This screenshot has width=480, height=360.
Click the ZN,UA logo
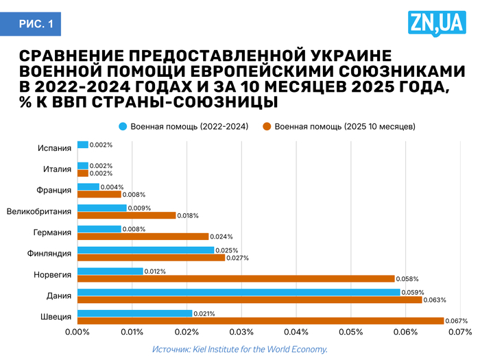click(x=437, y=25)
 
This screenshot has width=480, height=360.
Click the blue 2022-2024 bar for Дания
click(x=239, y=292)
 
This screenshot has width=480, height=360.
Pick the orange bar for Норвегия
click(x=236, y=278)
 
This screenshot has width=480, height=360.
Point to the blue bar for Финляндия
click(x=145, y=250)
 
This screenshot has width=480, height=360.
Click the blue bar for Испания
click(x=83, y=145)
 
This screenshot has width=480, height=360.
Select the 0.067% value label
click(x=457, y=321)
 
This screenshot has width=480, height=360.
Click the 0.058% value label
click(x=407, y=279)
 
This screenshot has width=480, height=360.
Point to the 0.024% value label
click(x=221, y=237)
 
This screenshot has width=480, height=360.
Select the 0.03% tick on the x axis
click(x=241, y=333)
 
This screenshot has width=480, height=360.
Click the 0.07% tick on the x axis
click(x=460, y=333)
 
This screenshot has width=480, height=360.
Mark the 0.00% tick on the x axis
click(x=77, y=333)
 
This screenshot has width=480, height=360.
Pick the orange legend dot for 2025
click(x=268, y=126)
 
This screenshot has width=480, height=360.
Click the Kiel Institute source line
click(x=240, y=349)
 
